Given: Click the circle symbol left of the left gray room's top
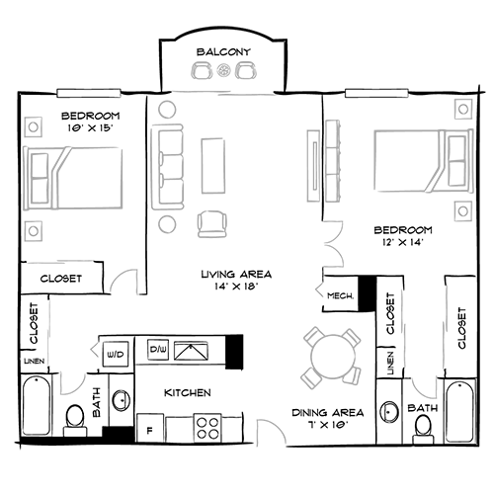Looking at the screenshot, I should click(x=33, y=127).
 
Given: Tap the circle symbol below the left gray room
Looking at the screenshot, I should click(x=33, y=231).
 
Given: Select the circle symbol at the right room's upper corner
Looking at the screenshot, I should click(x=461, y=109).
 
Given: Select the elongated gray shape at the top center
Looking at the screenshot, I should click(x=223, y=70).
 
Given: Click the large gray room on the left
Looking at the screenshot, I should click(x=76, y=184).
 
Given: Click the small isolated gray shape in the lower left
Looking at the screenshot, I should click(x=72, y=380).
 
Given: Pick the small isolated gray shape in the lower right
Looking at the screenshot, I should click(x=425, y=384).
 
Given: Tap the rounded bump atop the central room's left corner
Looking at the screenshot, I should click(x=166, y=109).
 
